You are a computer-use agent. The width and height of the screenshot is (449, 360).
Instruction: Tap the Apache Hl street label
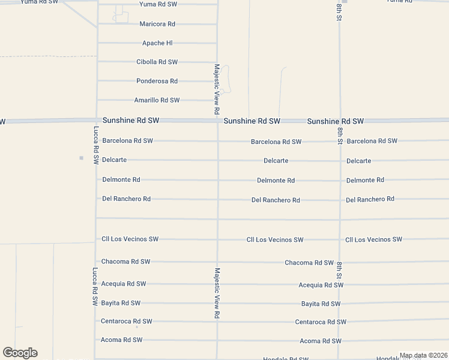pyautogui.click(x=157, y=43)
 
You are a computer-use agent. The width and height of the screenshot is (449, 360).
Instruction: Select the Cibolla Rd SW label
pyautogui.click(x=157, y=62)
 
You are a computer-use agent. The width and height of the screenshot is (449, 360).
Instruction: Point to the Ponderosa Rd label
pyautogui.click(x=157, y=81)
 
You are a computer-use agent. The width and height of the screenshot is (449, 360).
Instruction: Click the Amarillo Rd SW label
pyautogui.click(x=157, y=100)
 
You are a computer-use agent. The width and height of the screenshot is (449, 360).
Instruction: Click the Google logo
pyautogui.click(x=20, y=353)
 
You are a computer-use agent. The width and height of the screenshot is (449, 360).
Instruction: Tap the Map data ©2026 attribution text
pyautogui.click(x=423, y=356)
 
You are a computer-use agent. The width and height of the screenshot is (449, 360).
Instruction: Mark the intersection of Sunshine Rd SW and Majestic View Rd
pyautogui.click(x=217, y=121)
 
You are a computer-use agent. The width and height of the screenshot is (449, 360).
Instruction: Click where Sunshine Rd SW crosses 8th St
pyautogui.click(x=340, y=121)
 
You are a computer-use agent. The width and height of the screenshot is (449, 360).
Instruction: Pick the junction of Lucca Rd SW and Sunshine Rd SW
pyautogui.click(x=96, y=121)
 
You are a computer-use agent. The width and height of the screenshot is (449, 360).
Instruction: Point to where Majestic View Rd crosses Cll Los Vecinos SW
pyautogui.click(x=217, y=239)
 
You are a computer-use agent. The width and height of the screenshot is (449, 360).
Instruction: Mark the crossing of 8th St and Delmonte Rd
pyautogui.click(x=340, y=180)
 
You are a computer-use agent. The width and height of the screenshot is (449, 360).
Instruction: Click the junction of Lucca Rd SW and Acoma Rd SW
pyautogui.click(x=95, y=340)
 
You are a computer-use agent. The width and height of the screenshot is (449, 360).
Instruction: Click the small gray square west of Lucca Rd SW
pyautogui.click(x=81, y=158)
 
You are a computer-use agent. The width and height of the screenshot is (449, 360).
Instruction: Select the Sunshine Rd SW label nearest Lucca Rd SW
pyautogui.click(x=131, y=121)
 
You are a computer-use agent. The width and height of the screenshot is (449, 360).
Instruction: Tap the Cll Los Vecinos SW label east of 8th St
pyautogui.click(x=373, y=239)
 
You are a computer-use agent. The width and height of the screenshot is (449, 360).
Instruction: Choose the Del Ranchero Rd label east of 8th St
pyautogui.click(x=370, y=199)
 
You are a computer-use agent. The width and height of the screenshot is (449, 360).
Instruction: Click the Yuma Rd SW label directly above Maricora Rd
pyautogui.click(x=158, y=4)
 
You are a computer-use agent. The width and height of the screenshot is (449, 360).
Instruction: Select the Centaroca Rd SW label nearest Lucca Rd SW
pyautogui.click(x=127, y=322)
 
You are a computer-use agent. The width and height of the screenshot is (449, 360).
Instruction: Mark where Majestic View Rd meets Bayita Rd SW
pyautogui.click(x=217, y=304)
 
